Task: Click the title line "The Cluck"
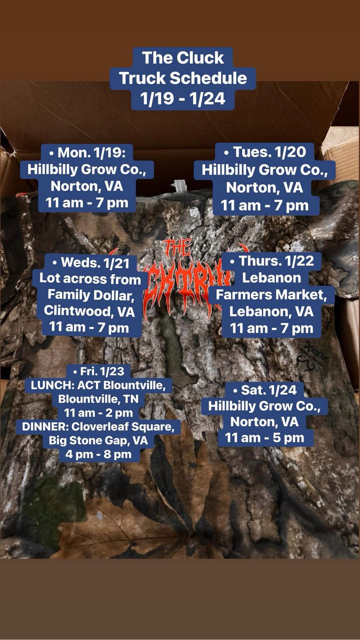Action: coord(183,58)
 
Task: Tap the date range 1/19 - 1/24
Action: coord(183,99)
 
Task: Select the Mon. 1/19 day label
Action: coord(87,153)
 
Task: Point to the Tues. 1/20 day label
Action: coord(265,152)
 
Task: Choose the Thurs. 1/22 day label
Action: coord(272,261)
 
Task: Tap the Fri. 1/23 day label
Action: coord(99,371)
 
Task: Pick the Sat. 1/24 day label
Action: coord(265,390)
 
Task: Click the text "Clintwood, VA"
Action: coord(89,311)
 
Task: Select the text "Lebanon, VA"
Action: coord(271,311)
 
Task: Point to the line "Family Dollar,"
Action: coord(91,295)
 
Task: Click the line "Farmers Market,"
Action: coord(271,295)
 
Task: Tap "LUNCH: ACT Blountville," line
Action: coord(98,385)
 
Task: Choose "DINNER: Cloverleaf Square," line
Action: coord(98,426)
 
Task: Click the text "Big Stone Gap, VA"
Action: coord(98,440)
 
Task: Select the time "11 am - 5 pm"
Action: coord(264,438)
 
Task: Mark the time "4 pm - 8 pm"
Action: coord(98,454)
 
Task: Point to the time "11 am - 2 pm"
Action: coord(98,413)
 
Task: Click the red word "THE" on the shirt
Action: coord(177,247)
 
